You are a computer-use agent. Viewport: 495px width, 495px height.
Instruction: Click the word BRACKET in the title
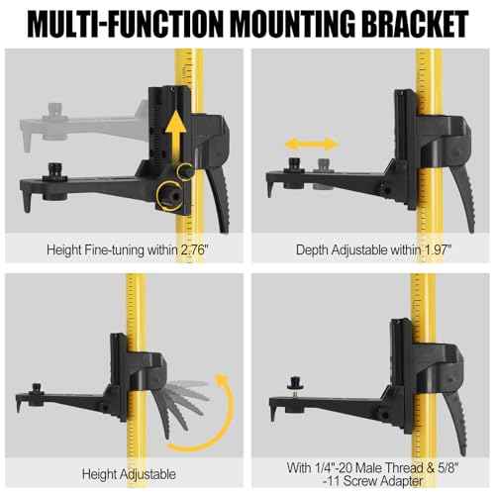click(415, 24)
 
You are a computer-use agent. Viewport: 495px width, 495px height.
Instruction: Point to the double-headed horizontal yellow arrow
click(312, 144)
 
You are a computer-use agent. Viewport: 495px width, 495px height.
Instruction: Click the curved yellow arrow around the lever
click(228, 416)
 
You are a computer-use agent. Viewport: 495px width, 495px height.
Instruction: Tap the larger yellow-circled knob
click(170, 196)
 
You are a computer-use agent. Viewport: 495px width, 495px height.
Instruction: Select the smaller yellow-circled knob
click(185, 171)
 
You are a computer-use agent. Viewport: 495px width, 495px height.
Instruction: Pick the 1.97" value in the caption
click(437, 249)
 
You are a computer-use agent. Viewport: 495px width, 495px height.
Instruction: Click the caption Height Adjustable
click(129, 474)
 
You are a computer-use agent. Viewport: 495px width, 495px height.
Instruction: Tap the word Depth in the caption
click(312, 250)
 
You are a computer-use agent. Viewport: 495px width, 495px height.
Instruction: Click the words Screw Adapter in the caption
click(383, 481)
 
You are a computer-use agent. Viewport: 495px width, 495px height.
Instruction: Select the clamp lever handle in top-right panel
click(463, 198)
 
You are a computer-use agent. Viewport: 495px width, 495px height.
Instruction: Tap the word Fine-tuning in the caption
click(114, 250)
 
